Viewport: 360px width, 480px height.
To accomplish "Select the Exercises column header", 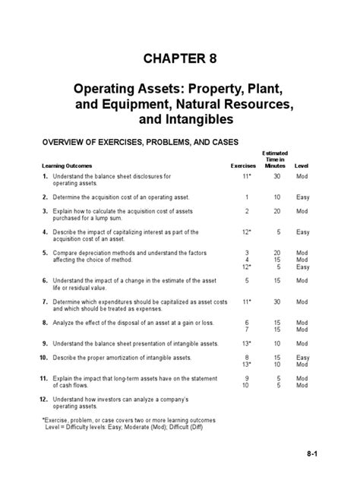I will [244, 165].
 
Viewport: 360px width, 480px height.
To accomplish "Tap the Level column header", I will [302, 165].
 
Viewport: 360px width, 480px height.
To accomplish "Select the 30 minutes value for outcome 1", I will [277, 177].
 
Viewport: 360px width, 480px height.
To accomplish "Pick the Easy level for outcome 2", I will [303, 197].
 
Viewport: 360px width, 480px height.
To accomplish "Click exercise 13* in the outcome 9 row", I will [246, 343].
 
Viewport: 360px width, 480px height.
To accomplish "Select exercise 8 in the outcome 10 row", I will [247, 357].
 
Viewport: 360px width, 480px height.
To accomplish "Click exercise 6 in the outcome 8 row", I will [247, 322].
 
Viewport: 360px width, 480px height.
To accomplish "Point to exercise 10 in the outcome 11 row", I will [246, 384].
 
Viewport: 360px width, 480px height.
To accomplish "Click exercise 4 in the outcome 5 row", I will [247, 259].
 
